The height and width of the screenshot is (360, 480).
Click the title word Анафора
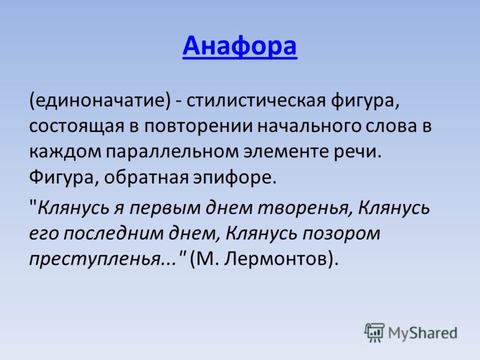[x=239, y=46]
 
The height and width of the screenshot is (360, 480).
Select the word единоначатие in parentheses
[x=100, y=100]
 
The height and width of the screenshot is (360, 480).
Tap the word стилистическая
[x=256, y=100]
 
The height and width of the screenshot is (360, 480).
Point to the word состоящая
[x=77, y=126]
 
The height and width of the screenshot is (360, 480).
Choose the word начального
[x=310, y=126]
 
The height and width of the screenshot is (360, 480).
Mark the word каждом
[x=65, y=152]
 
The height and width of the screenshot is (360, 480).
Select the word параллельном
[x=172, y=152]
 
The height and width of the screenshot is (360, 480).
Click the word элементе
[x=286, y=152]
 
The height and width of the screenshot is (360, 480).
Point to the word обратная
[x=146, y=178]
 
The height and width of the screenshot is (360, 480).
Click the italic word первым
[x=166, y=208]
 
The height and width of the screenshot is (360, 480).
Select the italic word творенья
[x=304, y=208]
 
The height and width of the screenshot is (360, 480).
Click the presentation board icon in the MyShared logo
[x=374, y=332]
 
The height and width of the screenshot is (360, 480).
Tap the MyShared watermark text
[x=423, y=333]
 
